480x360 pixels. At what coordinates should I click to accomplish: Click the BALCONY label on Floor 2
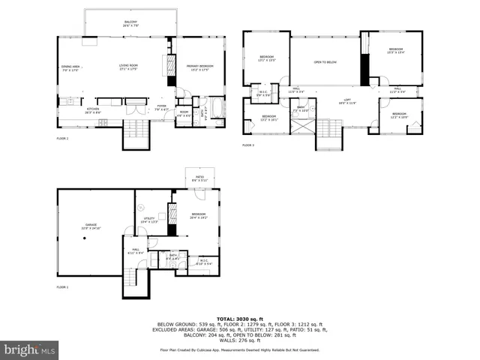click(x=131, y=23)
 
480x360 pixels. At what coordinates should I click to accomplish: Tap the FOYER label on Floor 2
click(x=160, y=106)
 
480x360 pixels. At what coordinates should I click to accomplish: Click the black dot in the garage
click(x=85, y=238)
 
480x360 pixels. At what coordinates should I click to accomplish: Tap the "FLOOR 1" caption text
click(x=62, y=287)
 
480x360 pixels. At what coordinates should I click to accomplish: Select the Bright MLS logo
click(x=30, y=349)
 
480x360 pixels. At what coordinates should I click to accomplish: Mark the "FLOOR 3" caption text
click(x=247, y=145)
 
